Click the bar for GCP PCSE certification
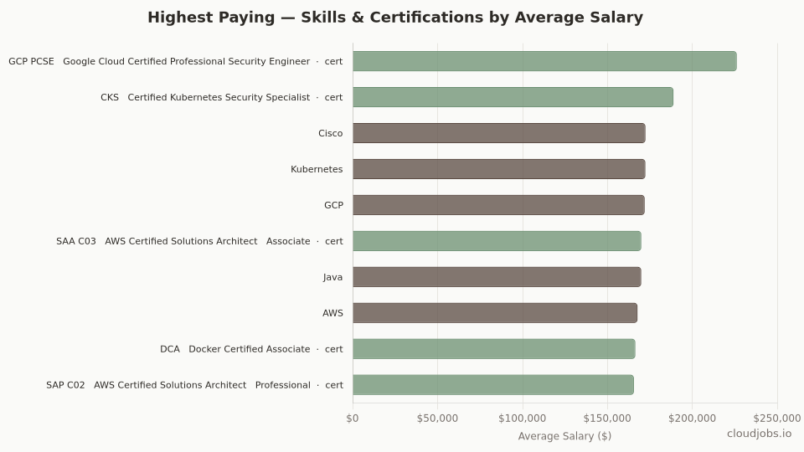[544, 61]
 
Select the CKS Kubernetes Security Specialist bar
[513, 97]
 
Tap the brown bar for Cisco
[498, 133]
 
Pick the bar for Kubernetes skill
[498, 169]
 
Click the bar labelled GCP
[498, 205]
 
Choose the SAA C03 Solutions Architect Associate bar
[497, 241]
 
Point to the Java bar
[497, 277]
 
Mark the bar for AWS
[495, 313]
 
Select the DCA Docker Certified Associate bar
[493, 349]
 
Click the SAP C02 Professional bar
[492, 385]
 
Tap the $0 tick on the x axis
[353, 419]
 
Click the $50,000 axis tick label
[437, 419]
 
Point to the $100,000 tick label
[523, 419]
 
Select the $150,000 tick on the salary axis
[607, 419]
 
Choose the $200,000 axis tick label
[693, 419]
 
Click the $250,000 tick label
[776, 419]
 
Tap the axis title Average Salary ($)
[564, 436]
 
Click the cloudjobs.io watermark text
[759, 434]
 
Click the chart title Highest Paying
[395, 18]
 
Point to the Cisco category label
[330, 134]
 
